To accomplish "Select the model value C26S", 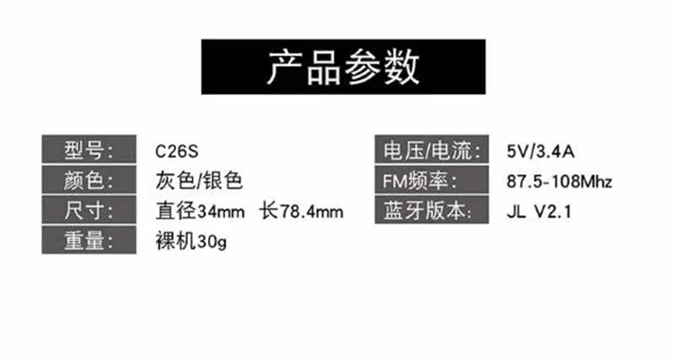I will [175, 153].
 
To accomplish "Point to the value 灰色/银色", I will [199, 180].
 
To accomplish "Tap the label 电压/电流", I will [431, 153].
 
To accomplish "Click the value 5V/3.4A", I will [540, 153].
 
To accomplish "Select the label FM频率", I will [431, 181].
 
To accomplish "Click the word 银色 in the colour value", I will [225, 180].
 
